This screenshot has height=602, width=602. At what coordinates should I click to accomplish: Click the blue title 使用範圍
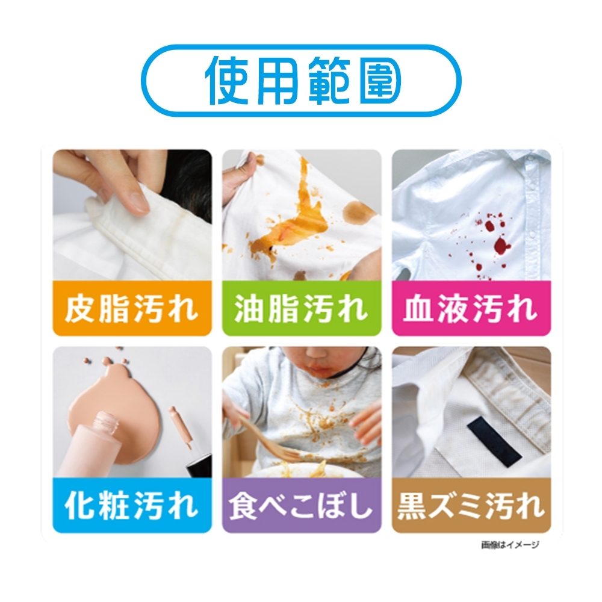tap(301, 81)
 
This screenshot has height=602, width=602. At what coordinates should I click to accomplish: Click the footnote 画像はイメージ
tap(510, 545)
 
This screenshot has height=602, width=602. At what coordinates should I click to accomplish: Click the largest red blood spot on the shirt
tap(499, 244)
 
